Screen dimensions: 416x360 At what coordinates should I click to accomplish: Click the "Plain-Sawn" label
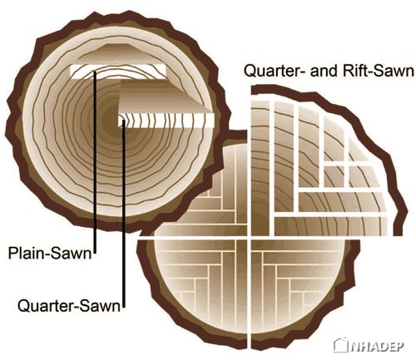(50, 253)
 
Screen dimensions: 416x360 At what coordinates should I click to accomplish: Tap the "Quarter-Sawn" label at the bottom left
(69, 306)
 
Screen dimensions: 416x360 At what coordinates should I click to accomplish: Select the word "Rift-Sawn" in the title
(379, 71)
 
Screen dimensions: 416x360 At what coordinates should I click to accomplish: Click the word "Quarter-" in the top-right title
(275, 72)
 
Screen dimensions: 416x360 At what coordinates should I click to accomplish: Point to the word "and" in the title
(324, 71)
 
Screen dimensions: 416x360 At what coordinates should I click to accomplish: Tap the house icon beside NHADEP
(341, 344)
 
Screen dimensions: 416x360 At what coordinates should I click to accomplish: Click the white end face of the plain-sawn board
(118, 72)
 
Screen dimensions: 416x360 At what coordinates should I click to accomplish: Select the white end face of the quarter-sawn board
(166, 121)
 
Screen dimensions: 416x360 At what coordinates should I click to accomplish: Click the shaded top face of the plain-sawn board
(118, 55)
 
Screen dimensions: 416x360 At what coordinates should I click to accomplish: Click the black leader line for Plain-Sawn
(95, 162)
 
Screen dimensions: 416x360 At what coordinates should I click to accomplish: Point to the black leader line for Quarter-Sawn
(123, 214)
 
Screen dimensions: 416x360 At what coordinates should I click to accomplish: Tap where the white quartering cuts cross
(249, 238)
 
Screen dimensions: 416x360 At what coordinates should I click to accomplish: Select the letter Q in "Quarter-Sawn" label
(24, 306)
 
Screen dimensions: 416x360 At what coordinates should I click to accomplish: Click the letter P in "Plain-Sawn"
(13, 253)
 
